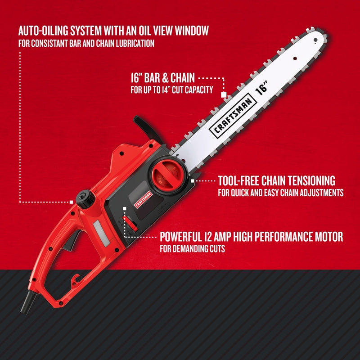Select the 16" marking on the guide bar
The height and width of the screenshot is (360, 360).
(x=262, y=86)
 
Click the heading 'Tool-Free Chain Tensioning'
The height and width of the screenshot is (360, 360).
(x=276, y=181)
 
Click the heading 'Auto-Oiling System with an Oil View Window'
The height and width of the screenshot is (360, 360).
(x=113, y=31)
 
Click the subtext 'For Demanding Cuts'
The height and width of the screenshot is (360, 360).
(x=193, y=248)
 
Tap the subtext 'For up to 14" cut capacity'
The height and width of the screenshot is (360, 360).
(x=171, y=90)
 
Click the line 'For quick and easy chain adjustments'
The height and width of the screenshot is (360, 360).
(x=281, y=193)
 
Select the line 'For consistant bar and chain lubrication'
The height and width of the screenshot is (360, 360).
(x=86, y=44)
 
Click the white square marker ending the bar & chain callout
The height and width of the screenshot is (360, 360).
(x=223, y=95)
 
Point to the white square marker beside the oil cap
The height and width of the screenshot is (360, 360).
(x=72, y=202)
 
